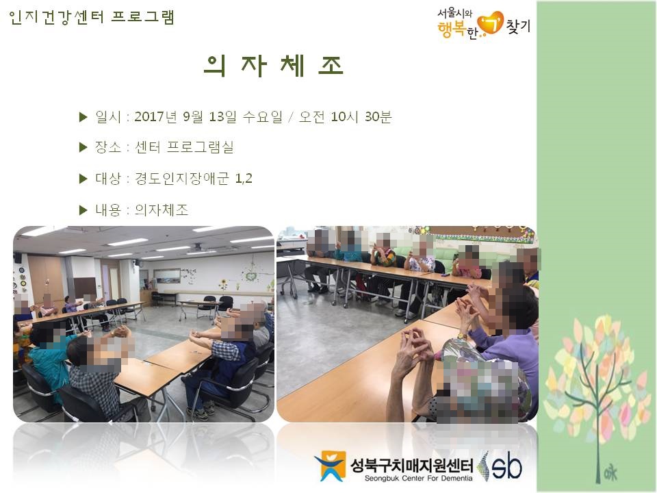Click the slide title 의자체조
click(274, 66)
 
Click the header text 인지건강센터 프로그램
click(91, 17)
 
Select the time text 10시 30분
click(361, 116)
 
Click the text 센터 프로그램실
click(184, 147)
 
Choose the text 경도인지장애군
click(182, 179)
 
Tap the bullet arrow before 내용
click(83, 210)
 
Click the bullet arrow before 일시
click(83, 117)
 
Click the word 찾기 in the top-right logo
click(518, 26)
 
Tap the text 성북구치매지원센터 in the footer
click(412, 465)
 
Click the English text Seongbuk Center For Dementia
click(418, 479)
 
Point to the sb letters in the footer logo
click(506, 466)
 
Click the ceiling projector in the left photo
click(196, 247)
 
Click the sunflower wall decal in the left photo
click(223, 285)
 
